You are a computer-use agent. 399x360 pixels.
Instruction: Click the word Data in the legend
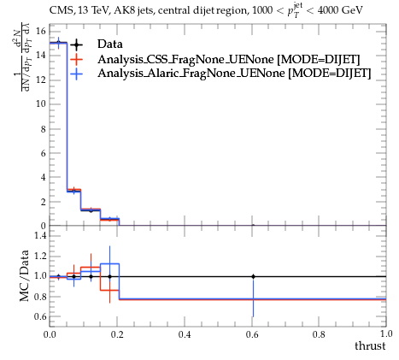(110, 44)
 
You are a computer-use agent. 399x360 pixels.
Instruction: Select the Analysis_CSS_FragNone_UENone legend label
(185, 59)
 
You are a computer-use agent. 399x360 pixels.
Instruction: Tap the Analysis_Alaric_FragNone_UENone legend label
(191, 74)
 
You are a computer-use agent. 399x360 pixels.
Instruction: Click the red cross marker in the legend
(76, 59)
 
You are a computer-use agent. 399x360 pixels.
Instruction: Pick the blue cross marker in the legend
(76, 74)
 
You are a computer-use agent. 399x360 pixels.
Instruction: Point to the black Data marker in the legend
(76, 44)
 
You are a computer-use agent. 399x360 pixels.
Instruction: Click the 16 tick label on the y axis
(40, 31)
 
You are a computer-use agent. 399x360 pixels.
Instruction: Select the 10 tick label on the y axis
(40, 103)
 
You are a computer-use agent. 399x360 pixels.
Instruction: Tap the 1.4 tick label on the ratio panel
(40, 235)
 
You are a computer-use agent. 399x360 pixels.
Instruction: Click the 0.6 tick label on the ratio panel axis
(40, 316)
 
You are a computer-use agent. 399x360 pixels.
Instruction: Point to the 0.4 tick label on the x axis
(185, 334)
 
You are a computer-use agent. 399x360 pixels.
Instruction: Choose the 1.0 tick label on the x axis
(386, 333)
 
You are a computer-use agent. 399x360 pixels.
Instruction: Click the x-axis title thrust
(370, 346)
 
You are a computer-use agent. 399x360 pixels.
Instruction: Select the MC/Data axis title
(25, 275)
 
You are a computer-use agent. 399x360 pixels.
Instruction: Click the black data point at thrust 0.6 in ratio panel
(253, 276)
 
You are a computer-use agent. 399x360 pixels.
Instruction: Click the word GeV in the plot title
(352, 10)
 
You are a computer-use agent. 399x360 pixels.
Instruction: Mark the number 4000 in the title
(328, 10)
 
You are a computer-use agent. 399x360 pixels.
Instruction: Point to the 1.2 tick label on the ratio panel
(40, 256)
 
